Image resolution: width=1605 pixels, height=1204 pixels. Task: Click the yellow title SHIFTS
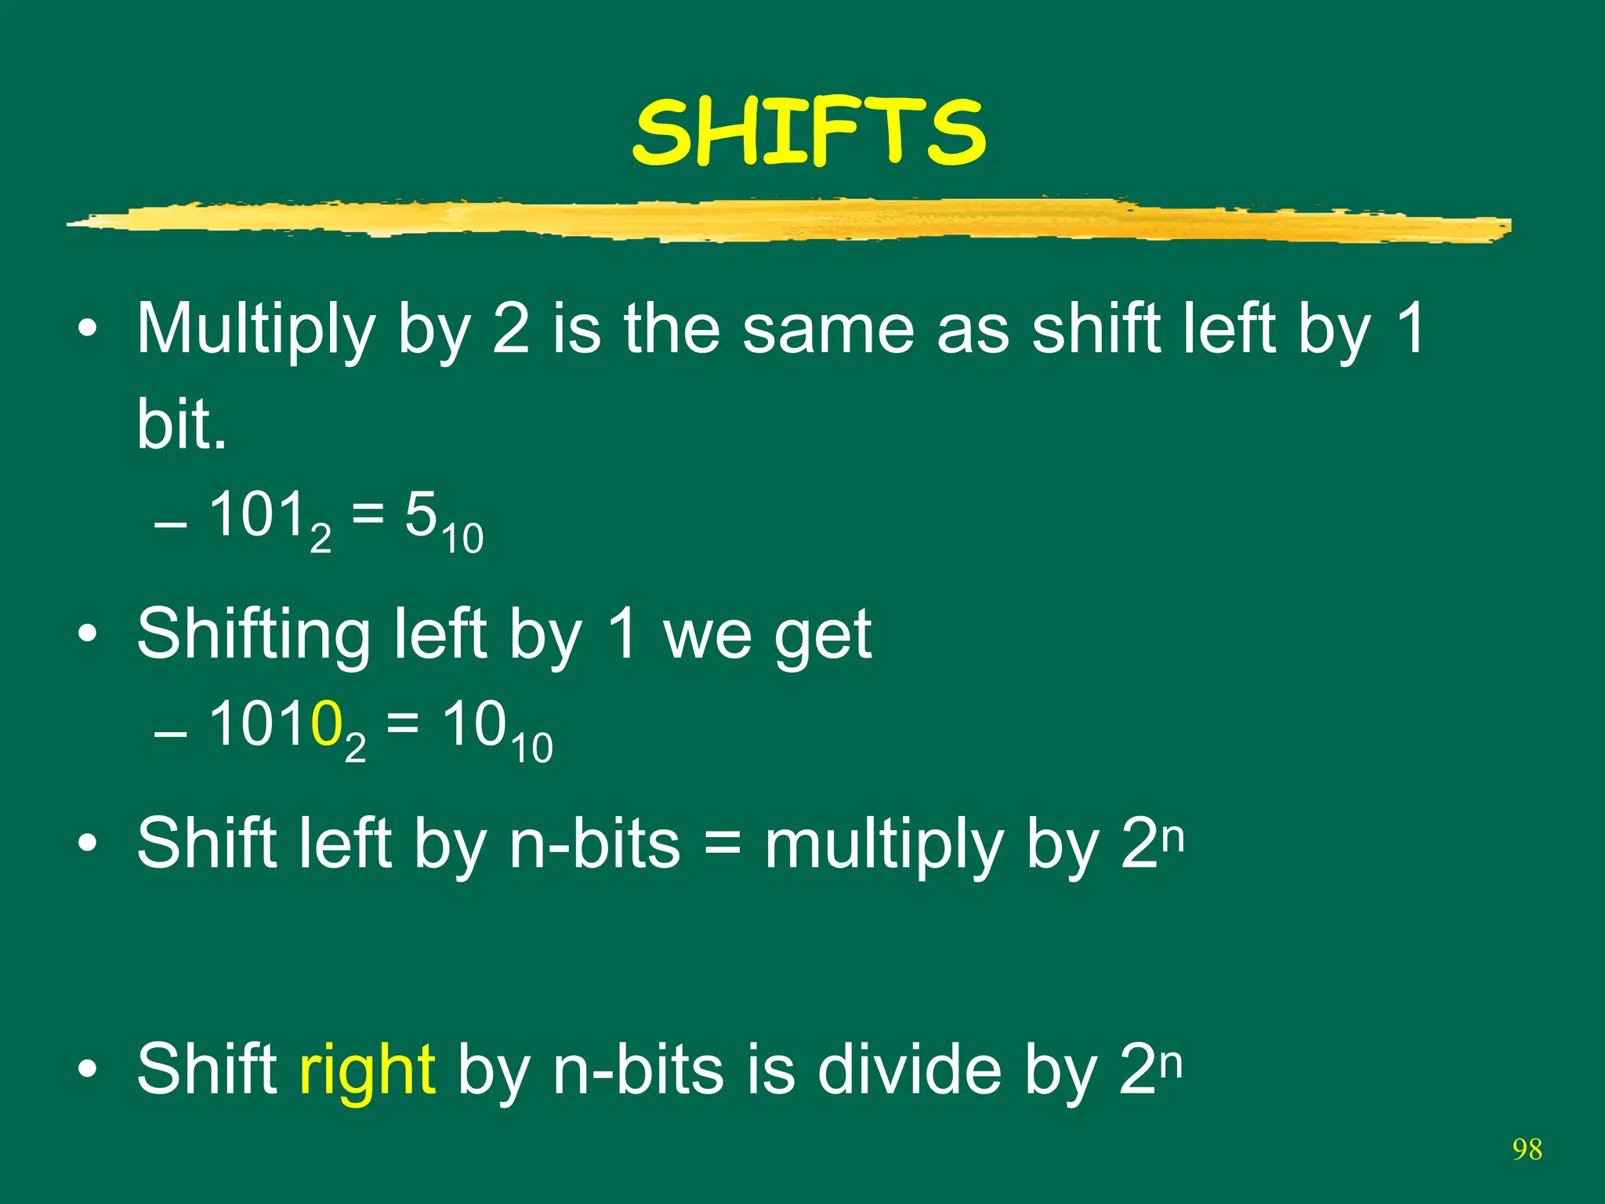tap(809, 132)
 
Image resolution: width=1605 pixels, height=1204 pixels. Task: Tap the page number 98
tap(1527, 1150)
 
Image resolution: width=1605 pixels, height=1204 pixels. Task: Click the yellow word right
tap(367, 1071)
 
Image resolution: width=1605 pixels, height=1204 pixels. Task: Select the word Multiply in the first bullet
tap(255, 329)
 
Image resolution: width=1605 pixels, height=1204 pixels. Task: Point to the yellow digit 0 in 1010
tap(326, 724)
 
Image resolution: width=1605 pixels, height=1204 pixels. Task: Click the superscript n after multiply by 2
tap(1172, 836)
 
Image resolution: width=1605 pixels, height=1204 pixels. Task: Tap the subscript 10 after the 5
tap(462, 539)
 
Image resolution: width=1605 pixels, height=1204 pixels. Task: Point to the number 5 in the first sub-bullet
tap(420, 516)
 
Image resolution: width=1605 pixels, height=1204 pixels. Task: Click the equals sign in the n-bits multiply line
tap(722, 845)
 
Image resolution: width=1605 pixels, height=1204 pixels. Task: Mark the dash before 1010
tap(171, 734)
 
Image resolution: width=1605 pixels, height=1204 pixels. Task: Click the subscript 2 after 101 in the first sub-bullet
tap(321, 539)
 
